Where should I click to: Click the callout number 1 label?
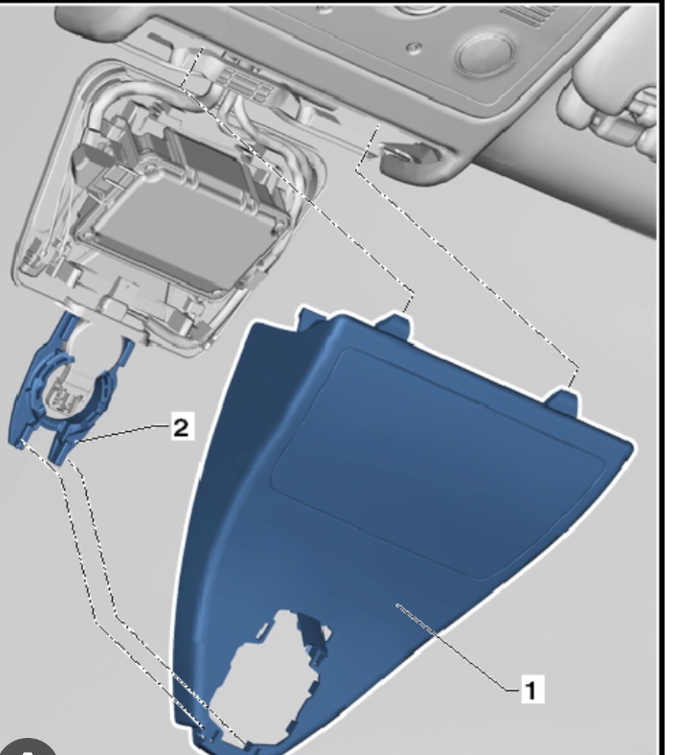(x=531, y=690)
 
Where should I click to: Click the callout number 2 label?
(x=180, y=429)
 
